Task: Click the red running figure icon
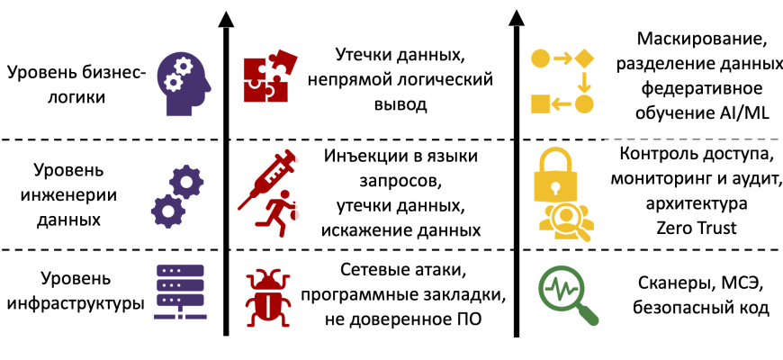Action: [x=275, y=217]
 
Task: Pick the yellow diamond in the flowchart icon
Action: [x=586, y=59]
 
